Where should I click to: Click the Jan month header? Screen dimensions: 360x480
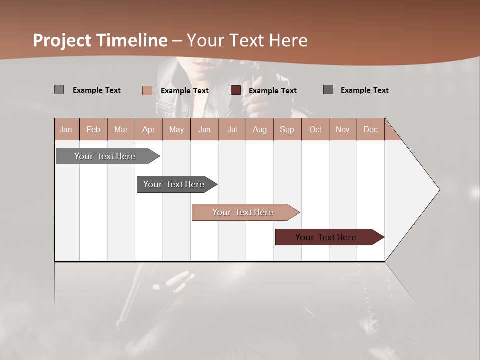point(66,129)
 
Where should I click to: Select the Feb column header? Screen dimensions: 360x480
point(93,129)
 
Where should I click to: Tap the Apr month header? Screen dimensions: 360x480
point(149,129)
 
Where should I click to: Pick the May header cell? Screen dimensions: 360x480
point(176,129)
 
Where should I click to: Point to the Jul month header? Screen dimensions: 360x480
point(232,129)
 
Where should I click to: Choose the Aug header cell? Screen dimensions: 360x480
point(260,129)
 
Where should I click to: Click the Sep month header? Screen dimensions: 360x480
point(287,129)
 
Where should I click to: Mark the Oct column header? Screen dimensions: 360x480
point(315,129)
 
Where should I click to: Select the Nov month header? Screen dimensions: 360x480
point(343,129)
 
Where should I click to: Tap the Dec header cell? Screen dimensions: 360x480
point(370,129)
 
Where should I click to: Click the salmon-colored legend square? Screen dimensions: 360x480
point(147,90)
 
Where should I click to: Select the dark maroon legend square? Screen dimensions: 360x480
point(236,90)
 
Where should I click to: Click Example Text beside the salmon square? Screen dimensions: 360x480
point(184,91)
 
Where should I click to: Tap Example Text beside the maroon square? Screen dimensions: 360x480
point(272,91)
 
